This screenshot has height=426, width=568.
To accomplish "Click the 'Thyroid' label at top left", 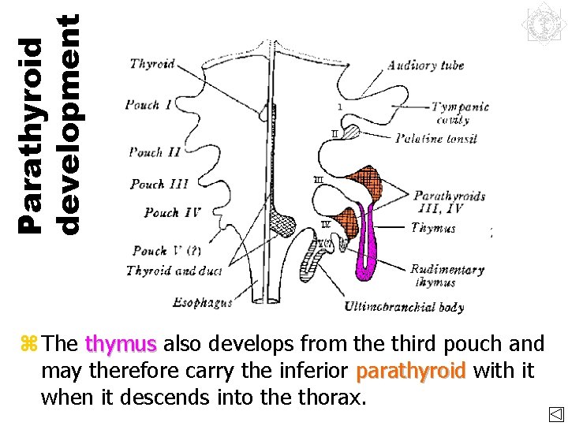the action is (153, 64).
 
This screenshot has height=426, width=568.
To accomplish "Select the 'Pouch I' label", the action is (152, 105).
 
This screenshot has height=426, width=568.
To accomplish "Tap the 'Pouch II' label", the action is (155, 151).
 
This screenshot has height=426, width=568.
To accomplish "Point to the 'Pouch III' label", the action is (159, 184).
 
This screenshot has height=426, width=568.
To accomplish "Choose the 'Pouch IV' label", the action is (173, 212).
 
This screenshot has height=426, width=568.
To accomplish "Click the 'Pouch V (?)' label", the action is (166, 251).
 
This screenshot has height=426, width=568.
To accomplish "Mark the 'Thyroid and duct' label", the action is (174, 271).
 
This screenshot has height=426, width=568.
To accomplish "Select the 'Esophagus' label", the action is (203, 301).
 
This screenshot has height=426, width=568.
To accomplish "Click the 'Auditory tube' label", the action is (425, 65).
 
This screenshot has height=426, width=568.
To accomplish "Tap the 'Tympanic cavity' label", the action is (460, 113).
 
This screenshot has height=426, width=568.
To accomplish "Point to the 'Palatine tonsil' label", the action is (435, 139).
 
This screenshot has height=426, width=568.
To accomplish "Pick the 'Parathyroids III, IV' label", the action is (449, 202).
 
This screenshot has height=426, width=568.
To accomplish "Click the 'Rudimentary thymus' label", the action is (447, 275).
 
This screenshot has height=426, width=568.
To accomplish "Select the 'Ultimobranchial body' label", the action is (404, 307).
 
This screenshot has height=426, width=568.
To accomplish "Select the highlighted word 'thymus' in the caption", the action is (121, 344).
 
